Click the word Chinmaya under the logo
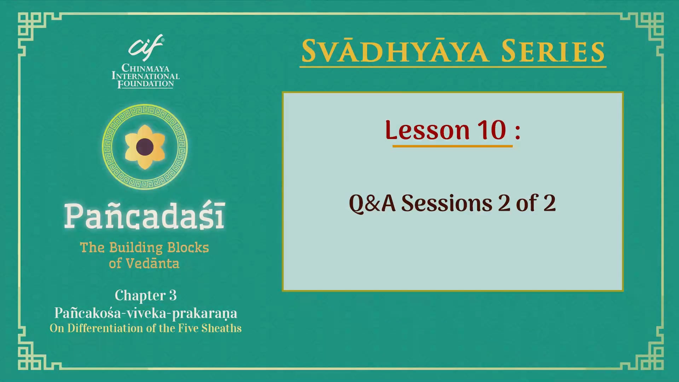(x=145, y=68)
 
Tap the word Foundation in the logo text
(x=145, y=84)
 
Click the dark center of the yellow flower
(x=145, y=147)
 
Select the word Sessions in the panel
(x=447, y=203)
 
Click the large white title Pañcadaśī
(x=145, y=216)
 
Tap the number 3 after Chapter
(x=173, y=295)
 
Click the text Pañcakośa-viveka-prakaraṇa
(x=145, y=313)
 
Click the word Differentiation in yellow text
(x=105, y=328)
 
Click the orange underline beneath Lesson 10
(x=452, y=146)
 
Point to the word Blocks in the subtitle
(x=188, y=248)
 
